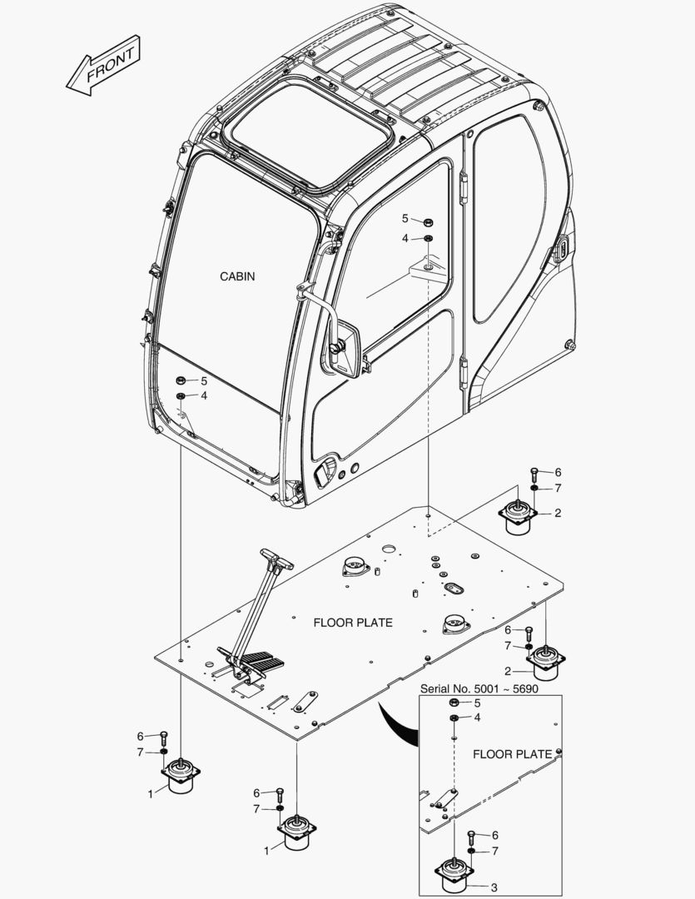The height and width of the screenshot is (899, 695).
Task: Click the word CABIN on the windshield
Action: point(237,276)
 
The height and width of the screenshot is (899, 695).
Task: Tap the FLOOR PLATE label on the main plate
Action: point(352,623)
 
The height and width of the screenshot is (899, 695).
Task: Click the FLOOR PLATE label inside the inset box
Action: point(512,754)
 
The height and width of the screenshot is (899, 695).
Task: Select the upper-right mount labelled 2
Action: point(518,517)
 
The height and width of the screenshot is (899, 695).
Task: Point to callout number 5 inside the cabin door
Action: point(405,218)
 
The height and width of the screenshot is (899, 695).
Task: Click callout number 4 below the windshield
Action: point(204,395)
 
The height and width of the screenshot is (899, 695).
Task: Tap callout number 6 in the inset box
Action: point(496,835)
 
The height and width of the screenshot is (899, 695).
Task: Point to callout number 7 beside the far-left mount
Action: point(141,752)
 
